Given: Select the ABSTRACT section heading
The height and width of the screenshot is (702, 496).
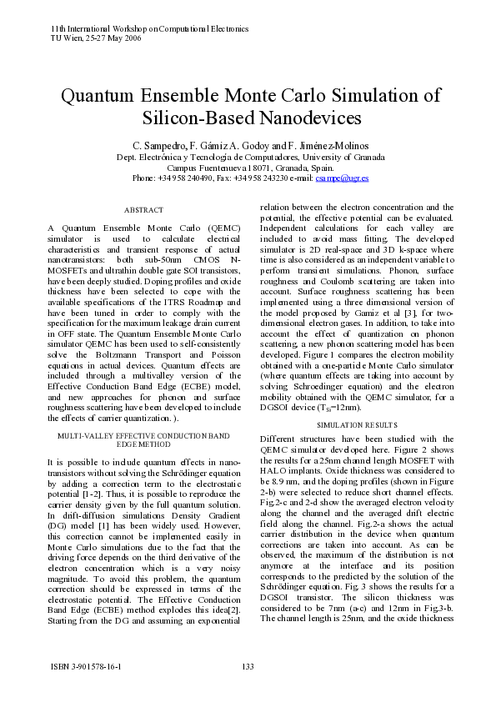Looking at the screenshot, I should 143,210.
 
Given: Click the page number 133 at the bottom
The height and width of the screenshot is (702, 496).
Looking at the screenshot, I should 248,665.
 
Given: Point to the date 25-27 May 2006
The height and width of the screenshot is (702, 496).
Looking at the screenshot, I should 104,38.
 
